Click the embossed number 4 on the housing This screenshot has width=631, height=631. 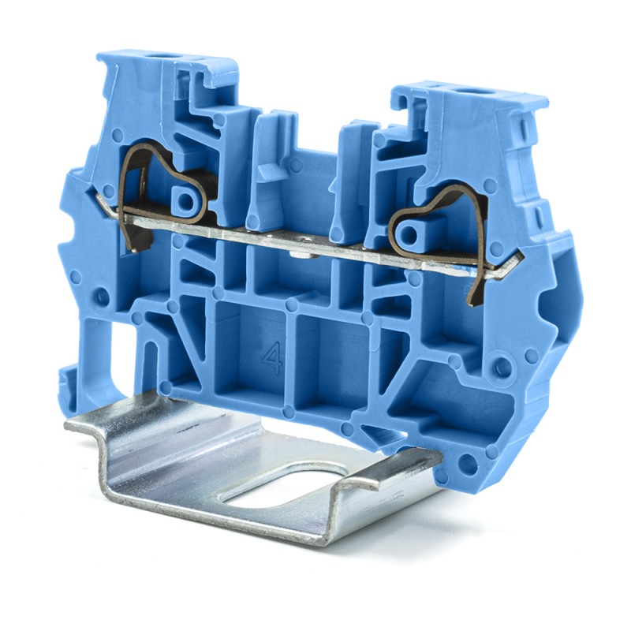pos(273,358)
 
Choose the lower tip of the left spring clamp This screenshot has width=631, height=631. pos(136,246)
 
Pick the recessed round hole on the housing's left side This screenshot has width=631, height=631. pos(101,297)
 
